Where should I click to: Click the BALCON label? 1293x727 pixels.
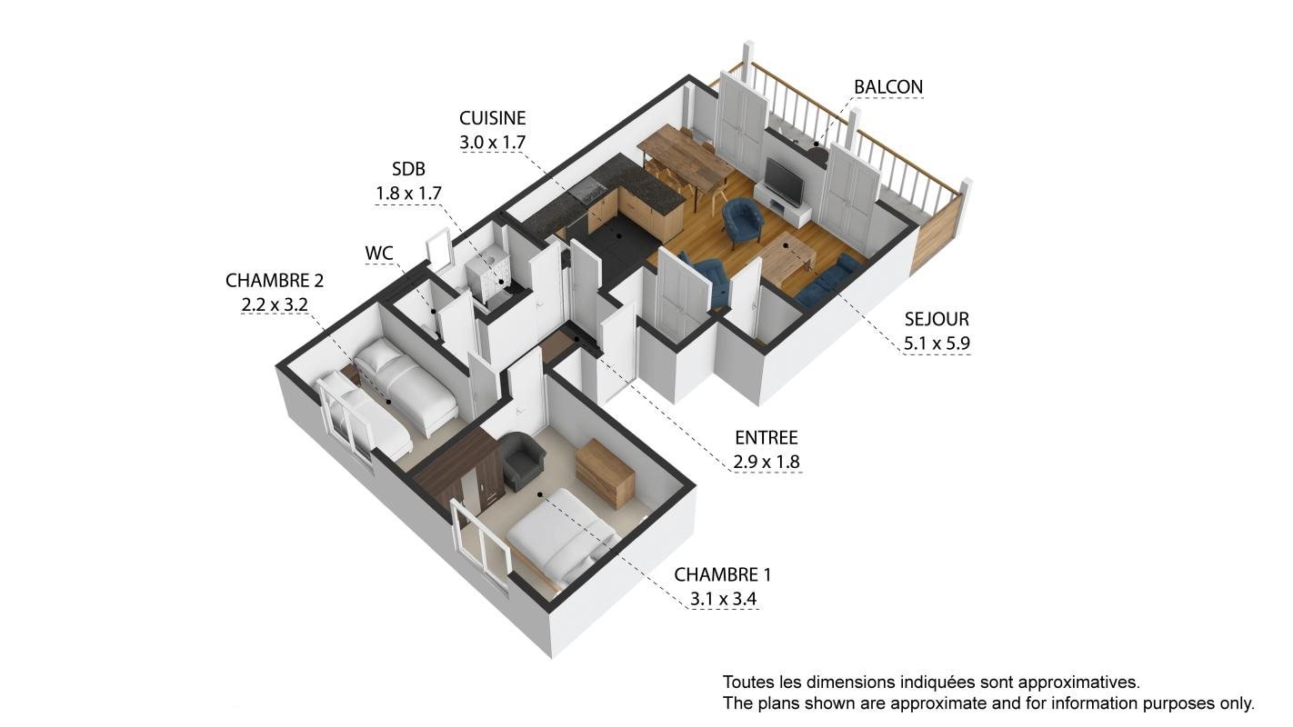point(887,87)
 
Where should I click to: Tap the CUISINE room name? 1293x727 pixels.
point(493,118)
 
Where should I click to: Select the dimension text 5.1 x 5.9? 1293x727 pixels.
point(937,344)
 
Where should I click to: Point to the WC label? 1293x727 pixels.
point(379,253)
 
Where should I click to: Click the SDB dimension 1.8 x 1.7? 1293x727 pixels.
point(408,194)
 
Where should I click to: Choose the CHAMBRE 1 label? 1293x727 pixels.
point(722,574)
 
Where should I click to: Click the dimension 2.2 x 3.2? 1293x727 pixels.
point(275,304)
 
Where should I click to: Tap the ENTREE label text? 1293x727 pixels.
point(766,438)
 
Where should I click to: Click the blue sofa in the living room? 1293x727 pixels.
point(830,281)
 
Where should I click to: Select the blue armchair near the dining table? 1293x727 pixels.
point(743,220)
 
